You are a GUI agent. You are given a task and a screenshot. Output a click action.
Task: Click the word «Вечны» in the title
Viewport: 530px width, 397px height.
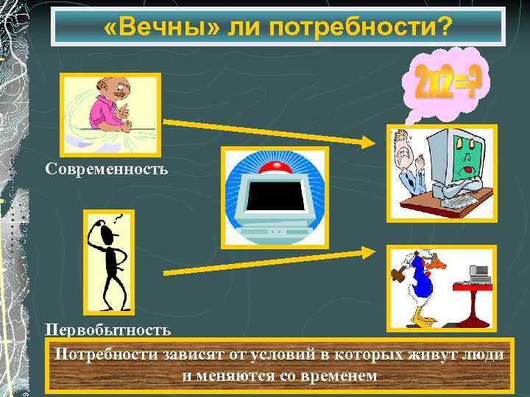(x=156, y=26)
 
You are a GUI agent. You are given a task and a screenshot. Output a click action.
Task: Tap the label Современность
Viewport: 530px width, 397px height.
(x=107, y=169)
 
